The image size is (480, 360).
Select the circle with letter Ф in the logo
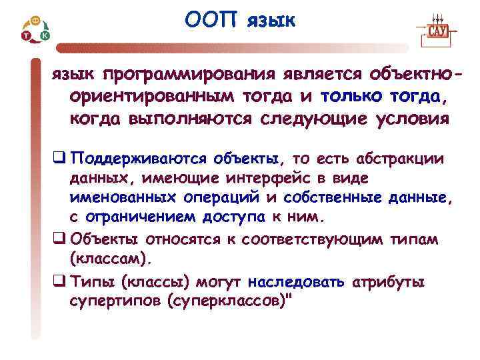point(35,21)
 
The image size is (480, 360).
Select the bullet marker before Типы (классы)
point(59,282)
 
